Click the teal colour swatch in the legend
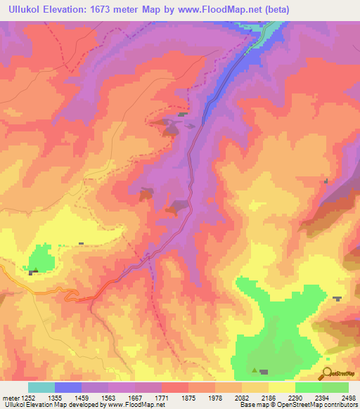pos(41,387)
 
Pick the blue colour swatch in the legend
pos(68,387)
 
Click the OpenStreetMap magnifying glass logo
pos(326,374)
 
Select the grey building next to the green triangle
pos(264,372)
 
